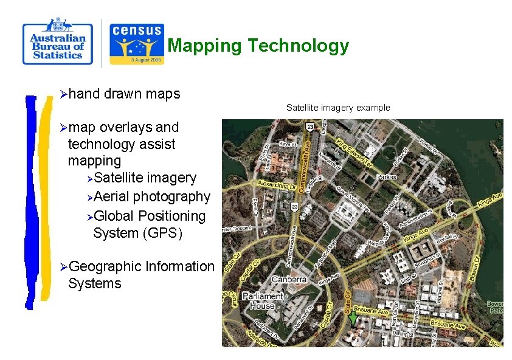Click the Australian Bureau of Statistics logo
tap(57, 42)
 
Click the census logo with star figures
tap(136, 44)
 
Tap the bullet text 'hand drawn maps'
tap(124, 94)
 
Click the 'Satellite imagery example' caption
tap(337, 108)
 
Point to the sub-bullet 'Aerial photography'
tap(152, 196)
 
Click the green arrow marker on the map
tap(353, 318)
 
